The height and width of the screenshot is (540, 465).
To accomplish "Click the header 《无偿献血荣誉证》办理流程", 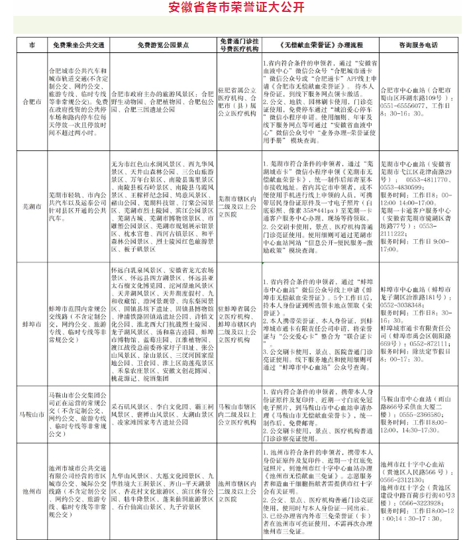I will pos(319,44).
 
